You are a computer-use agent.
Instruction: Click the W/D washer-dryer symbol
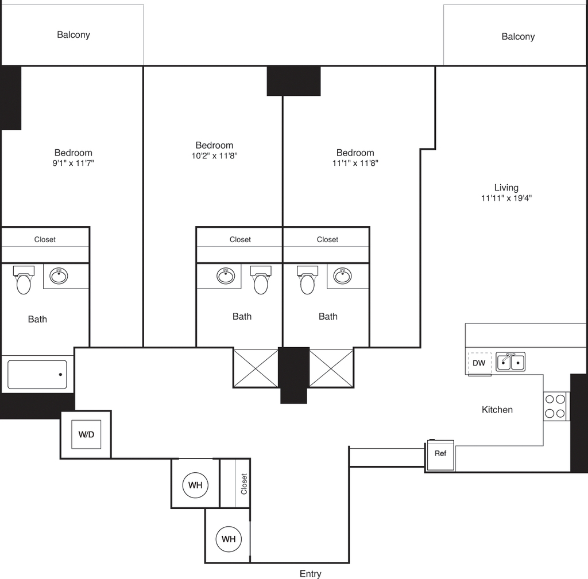pyautogui.click(x=86, y=434)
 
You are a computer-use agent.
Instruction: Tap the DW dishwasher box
pyautogui.click(x=479, y=363)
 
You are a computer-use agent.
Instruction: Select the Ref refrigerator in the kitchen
pyautogui.click(x=440, y=454)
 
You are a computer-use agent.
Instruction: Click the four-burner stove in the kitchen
pyautogui.click(x=555, y=406)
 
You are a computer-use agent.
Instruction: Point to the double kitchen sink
pyautogui.click(x=510, y=362)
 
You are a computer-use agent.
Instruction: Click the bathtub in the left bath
pyautogui.click(x=37, y=374)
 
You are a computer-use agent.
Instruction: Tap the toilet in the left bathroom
pyautogui.click(x=24, y=280)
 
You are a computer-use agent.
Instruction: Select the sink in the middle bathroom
pyautogui.click(x=226, y=276)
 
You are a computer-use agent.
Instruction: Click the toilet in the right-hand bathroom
pyautogui.click(x=308, y=280)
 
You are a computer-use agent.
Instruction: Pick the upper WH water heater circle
pyautogui.click(x=195, y=485)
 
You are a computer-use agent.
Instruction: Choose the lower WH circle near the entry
pyautogui.click(x=229, y=539)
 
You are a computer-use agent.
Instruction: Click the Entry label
pyautogui.click(x=311, y=574)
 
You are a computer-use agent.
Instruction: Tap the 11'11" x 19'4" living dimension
pyautogui.click(x=506, y=198)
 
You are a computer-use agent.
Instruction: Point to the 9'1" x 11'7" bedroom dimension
pyautogui.click(x=73, y=162)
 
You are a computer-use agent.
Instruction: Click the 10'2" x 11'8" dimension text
pyautogui.click(x=215, y=156)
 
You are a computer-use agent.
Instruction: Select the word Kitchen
pyautogui.click(x=497, y=410)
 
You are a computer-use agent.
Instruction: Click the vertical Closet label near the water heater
pyautogui.click(x=244, y=484)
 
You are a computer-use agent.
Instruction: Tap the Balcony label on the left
pyautogui.click(x=73, y=35)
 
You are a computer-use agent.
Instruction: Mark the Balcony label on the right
pyautogui.click(x=519, y=37)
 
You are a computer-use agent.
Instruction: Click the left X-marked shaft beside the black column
pyautogui.click(x=256, y=368)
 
